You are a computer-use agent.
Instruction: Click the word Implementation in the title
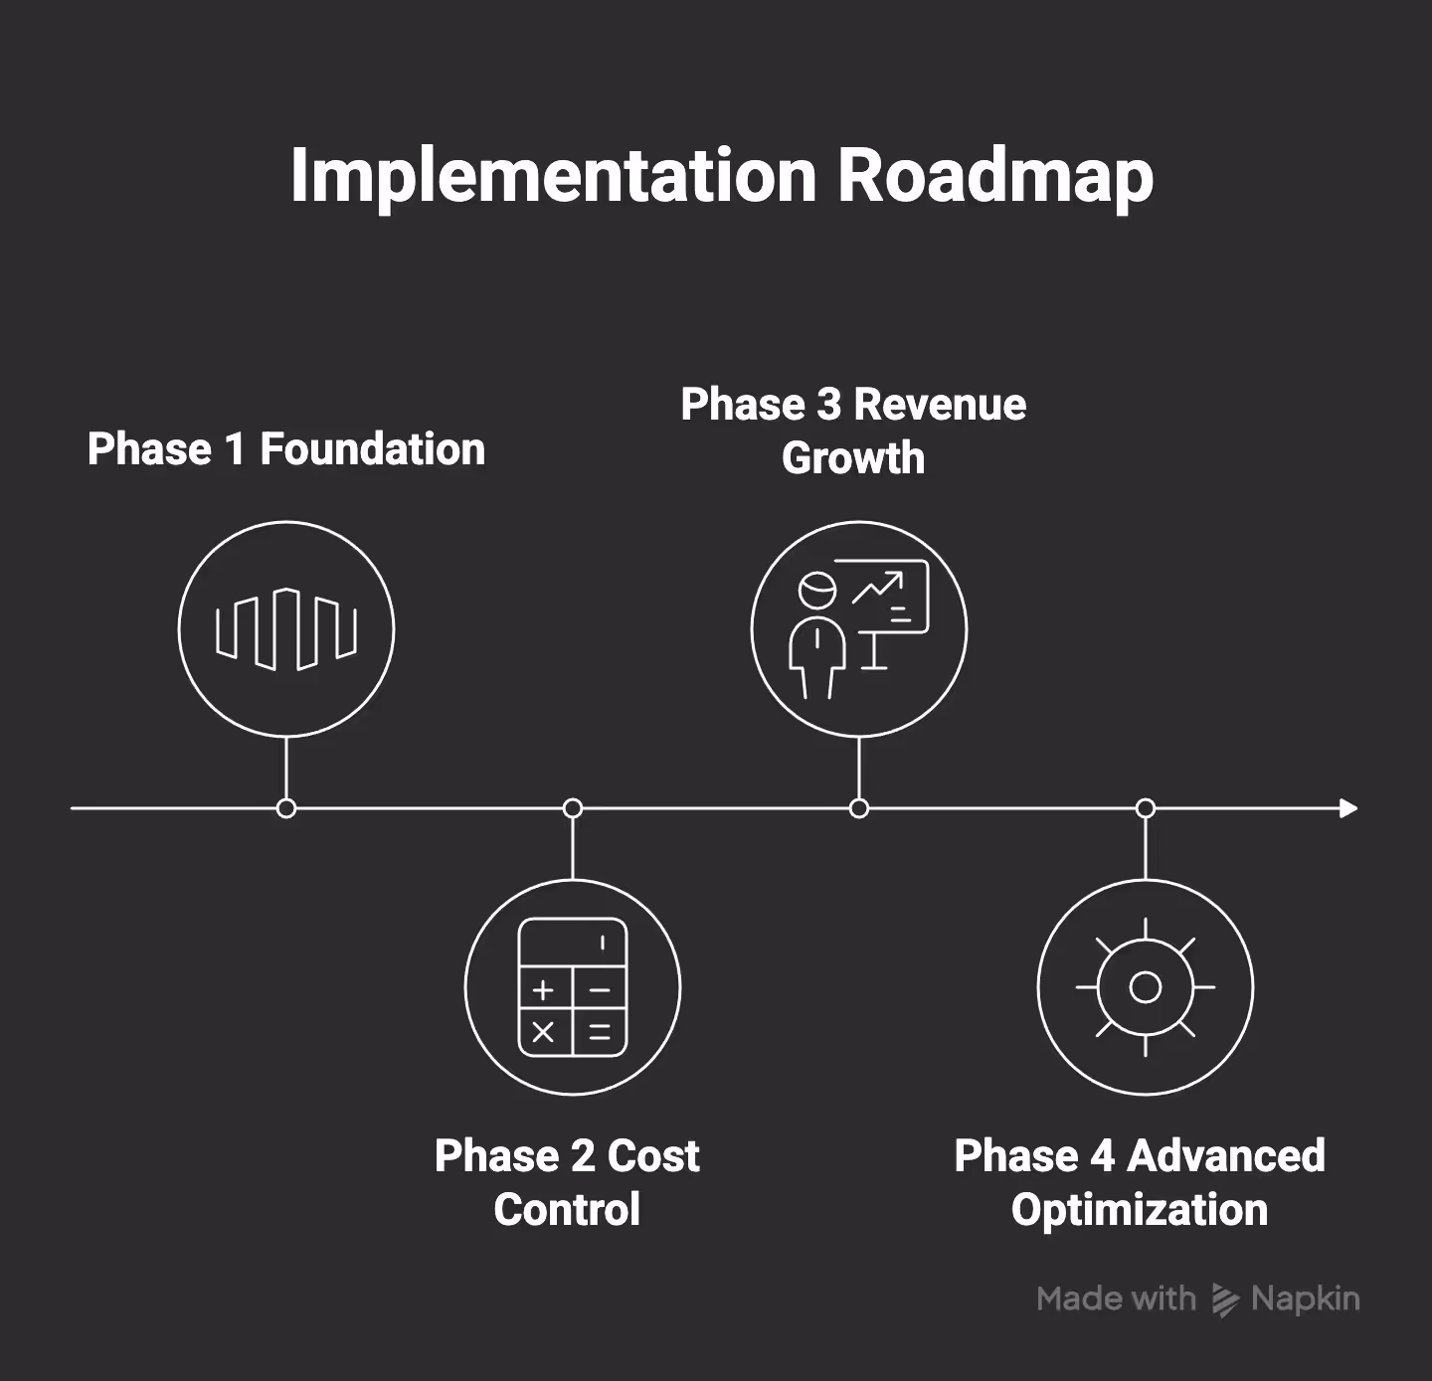(553, 176)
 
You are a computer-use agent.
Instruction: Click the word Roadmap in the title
(994, 176)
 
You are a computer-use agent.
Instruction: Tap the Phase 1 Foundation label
(286, 449)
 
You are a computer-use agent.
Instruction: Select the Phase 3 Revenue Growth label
(853, 431)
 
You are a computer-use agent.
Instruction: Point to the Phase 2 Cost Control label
(567, 1182)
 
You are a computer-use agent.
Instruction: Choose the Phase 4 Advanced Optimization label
(1140, 1182)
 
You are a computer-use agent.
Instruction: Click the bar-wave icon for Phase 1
(286, 629)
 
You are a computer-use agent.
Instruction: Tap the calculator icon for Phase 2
(573, 987)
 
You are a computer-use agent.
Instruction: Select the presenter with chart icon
(859, 629)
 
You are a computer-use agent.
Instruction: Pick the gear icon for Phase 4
(1146, 987)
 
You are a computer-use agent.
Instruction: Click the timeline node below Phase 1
(286, 808)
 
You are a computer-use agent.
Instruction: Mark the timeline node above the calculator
(573, 808)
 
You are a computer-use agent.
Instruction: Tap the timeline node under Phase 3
(859, 808)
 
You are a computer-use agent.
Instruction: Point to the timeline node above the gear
(1146, 808)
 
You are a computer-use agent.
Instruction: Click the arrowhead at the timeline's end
(1348, 808)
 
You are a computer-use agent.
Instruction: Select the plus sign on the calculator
(543, 989)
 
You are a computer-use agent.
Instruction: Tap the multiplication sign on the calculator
(543, 1032)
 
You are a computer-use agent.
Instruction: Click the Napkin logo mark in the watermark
(1225, 1299)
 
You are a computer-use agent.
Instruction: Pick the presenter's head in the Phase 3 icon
(817, 591)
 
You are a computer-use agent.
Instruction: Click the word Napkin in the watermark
(1305, 1298)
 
